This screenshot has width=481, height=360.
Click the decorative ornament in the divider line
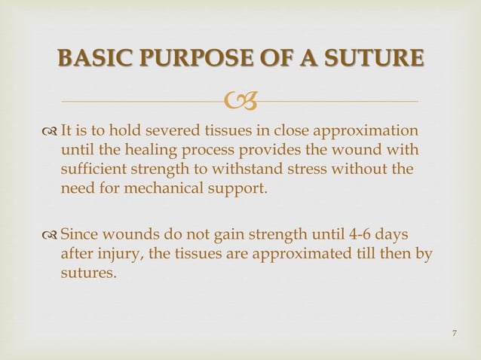click(241, 99)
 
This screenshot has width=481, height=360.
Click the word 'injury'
click(118, 253)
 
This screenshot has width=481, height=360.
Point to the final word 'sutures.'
click(88, 273)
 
